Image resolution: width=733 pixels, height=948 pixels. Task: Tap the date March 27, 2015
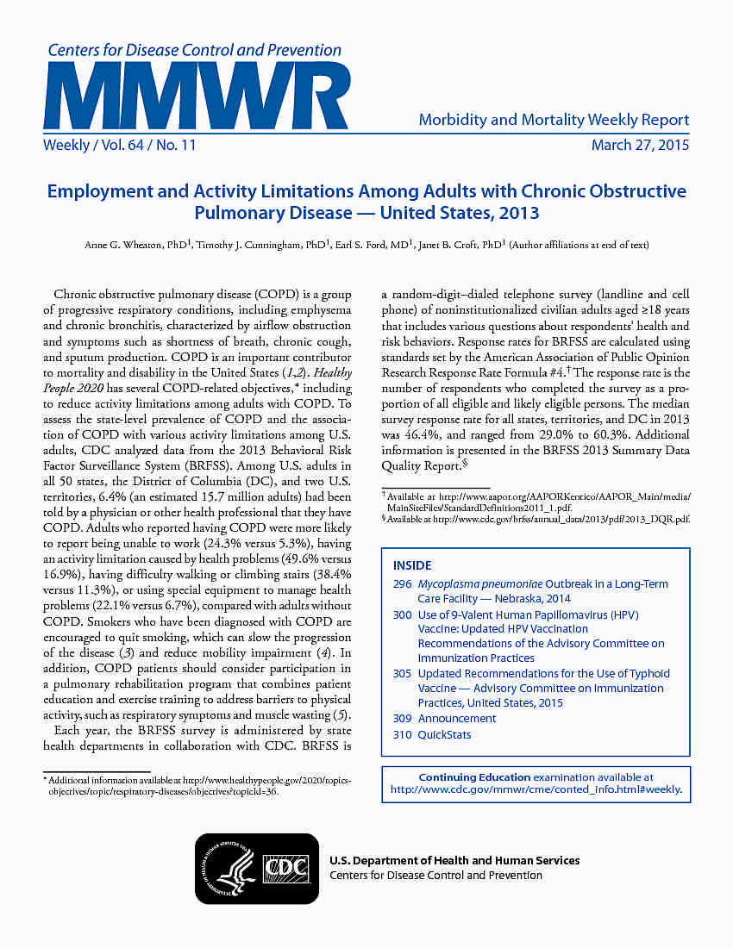pyautogui.click(x=640, y=146)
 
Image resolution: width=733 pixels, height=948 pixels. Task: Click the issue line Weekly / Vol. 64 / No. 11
pyautogui.click(x=120, y=146)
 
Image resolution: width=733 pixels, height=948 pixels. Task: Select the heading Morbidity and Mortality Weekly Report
pyautogui.click(x=554, y=120)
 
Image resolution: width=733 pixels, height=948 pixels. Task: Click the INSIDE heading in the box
pyautogui.click(x=412, y=566)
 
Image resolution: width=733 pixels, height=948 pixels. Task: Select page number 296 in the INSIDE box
pyautogui.click(x=402, y=584)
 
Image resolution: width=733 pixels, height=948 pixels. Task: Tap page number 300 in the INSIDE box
pyautogui.click(x=402, y=615)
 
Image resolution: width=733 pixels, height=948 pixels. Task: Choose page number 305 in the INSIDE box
pyautogui.click(x=402, y=674)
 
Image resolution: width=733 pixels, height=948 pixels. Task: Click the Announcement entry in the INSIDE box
pyautogui.click(x=457, y=719)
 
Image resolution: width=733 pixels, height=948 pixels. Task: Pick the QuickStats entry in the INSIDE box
pyautogui.click(x=444, y=735)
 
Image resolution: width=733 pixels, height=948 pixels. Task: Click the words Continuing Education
pyautogui.click(x=473, y=777)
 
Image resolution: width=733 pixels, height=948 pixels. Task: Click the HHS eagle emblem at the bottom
pyautogui.click(x=229, y=868)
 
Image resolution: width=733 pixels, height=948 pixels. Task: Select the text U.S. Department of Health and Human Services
pyautogui.click(x=454, y=861)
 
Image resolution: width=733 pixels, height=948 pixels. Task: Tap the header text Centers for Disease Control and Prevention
pyautogui.click(x=194, y=51)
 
